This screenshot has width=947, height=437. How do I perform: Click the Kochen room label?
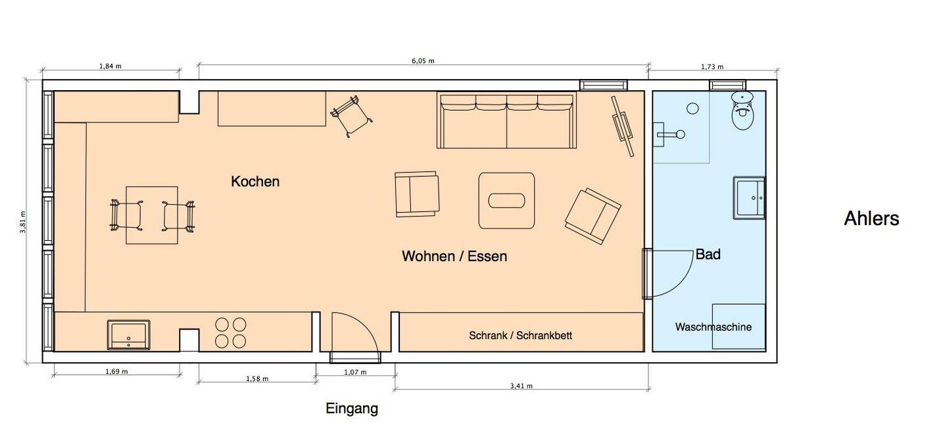pos(255,182)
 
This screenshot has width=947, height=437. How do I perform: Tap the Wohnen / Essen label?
pos(454,256)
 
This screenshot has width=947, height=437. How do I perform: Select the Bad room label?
pos(708,254)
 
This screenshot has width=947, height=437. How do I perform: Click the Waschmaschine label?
pos(713,327)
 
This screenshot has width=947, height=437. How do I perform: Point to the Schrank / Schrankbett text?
pos(520,336)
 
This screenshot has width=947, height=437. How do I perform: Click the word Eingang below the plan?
pos(352,409)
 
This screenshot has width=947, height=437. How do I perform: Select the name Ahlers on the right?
pos(871,218)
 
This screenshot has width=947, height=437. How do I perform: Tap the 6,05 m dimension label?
pos(423,61)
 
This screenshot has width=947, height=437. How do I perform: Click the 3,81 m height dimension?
pos(23,222)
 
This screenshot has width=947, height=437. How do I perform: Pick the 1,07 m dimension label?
pos(355,373)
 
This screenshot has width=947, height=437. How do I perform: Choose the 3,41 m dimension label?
pos(521,386)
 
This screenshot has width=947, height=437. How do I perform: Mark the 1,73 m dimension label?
pos(712,67)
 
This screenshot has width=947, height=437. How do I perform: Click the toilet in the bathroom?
pos(743,110)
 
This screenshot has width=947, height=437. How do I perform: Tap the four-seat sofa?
pos(506,120)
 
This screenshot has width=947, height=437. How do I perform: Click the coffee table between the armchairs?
pos(506,201)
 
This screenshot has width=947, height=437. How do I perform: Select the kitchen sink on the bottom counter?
pos(128,334)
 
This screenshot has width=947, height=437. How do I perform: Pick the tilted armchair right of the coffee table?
pos(593,216)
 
